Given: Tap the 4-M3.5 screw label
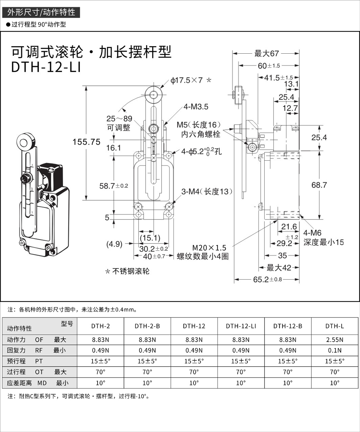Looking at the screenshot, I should (196, 107).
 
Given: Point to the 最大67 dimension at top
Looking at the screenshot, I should (266, 54).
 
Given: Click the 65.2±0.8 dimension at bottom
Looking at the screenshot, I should (268, 280).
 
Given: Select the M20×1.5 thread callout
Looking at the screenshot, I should (209, 248).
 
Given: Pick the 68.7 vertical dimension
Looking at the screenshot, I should (319, 185).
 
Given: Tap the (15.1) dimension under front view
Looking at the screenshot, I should (150, 238).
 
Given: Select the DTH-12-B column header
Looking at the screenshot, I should (288, 326).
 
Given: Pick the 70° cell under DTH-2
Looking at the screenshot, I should (101, 371).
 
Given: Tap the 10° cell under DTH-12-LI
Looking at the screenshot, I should (241, 383).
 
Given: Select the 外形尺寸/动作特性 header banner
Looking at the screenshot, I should (41, 12).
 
